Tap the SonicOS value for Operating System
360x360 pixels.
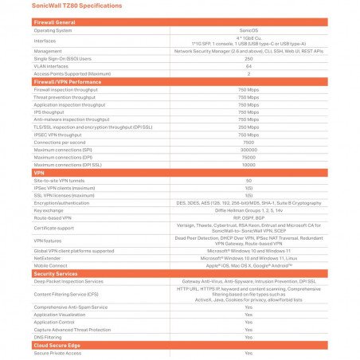pyautogui.click(x=248, y=30)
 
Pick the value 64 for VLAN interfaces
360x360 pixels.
pyautogui.click(x=248, y=65)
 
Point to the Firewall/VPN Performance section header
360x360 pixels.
pyautogui.click(x=67, y=82)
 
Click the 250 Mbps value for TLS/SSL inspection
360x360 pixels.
pyautogui.click(x=248, y=127)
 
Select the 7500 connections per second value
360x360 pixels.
pyautogui.click(x=248, y=142)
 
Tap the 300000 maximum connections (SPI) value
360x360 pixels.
pyautogui.click(x=248, y=149)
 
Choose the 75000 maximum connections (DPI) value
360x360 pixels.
pyautogui.click(x=248, y=157)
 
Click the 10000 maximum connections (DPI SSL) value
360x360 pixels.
pyautogui.click(x=248, y=164)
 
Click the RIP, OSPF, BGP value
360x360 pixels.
pyautogui.click(x=248, y=217)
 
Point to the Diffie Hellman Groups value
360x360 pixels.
pyautogui.click(x=248, y=210)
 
